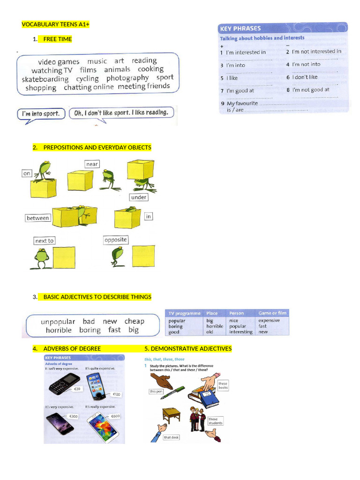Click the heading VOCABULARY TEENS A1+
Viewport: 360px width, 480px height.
pyautogui.click(x=56, y=24)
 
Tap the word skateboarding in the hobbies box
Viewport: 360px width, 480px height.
pyautogui.click(x=45, y=79)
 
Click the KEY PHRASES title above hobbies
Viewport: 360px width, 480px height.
pyautogui.click(x=240, y=28)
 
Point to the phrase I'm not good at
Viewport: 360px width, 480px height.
pyautogui.click(x=310, y=90)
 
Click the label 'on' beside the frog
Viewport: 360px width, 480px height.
pyautogui.click(x=27, y=173)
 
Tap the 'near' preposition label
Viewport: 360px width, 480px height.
pyautogui.click(x=92, y=164)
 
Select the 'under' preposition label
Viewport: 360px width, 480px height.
pyautogui.click(x=139, y=197)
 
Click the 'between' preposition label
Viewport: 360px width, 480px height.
pyautogui.click(x=37, y=218)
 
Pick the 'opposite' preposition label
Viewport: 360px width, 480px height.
pyautogui.click(x=116, y=240)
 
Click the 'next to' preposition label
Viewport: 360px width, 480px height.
pyautogui.click(x=45, y=240)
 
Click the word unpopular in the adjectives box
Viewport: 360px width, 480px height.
pyautogui.click(x=58, y=322)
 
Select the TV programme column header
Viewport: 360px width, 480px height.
pyautogui.click(x=184, y=313)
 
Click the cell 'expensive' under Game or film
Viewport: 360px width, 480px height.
pyautogui.click(x=269, y=321)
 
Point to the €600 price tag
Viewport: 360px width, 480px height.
pyautogui.click(x=115, y=416)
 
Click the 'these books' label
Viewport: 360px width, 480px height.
pyautogui.click(x=223, y=385)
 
